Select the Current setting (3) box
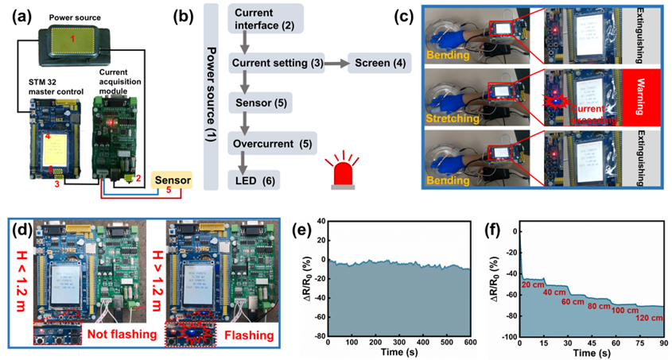coord(276,63)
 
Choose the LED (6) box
coord(255,180)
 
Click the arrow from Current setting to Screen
coord(335,63)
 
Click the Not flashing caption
coord(120,333)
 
